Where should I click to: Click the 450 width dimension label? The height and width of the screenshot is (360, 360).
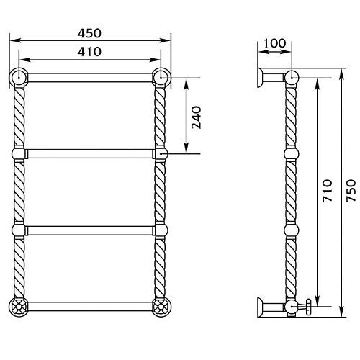pos(89,33)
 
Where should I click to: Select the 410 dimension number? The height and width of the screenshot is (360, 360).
pos(89,52)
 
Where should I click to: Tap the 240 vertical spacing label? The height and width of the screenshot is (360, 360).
pos(197,117)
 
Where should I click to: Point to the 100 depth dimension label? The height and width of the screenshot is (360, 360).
pos(275,43)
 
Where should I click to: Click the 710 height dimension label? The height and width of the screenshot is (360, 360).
pos(328,191)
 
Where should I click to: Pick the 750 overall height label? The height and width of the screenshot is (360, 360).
pos(351,191)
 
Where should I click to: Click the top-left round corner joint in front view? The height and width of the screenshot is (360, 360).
pos(19,78)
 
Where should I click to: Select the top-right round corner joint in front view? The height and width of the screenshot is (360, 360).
pos(161,78)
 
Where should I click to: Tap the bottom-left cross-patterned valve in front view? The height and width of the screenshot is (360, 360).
pos(19,307)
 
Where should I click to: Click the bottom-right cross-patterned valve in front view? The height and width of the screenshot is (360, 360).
pos(161,307)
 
